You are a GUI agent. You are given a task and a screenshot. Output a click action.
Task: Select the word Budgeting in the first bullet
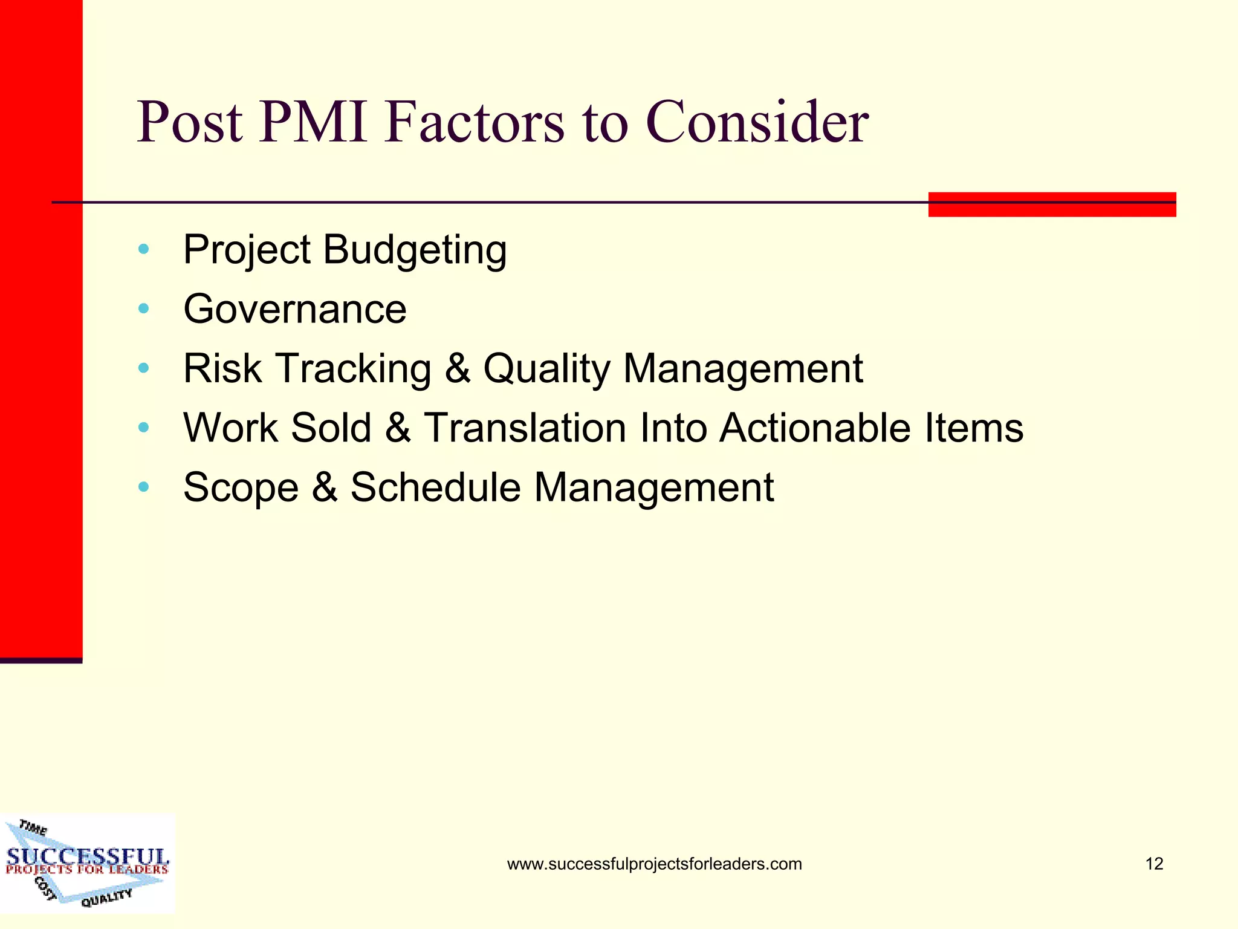tap(415, 250)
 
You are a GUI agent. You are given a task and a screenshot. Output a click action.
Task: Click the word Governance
tap(295, 309)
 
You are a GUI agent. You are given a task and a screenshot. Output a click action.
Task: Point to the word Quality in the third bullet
tap(547, 368)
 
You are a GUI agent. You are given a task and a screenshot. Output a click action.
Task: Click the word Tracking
tap(354, 368)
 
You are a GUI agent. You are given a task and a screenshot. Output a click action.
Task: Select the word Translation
tap(525, 428)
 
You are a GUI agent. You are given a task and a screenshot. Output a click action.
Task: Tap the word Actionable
tap(815, 428)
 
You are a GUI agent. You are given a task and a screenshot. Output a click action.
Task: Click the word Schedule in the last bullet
tap(435, 487)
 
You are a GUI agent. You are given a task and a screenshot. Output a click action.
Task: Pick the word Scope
tap(241, 487)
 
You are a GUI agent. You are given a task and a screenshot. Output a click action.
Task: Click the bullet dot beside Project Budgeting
tap(143, 249)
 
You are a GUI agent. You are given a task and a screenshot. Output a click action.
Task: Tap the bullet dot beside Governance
tap(143, 309)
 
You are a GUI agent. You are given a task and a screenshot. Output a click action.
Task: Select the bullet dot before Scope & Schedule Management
tap(143, 487)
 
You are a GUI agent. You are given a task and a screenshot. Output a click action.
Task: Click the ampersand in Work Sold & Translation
tap(397, 428)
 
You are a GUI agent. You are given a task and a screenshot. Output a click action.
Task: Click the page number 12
tap(1154, 864)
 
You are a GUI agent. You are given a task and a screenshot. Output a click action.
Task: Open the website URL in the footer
tap(654, 864)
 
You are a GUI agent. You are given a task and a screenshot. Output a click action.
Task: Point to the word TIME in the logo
tap(33, 827)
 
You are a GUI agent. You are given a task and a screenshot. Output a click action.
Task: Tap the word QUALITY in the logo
tap(106, 898)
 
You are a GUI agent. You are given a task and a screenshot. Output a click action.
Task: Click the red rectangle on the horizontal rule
tap(1052, 204)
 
